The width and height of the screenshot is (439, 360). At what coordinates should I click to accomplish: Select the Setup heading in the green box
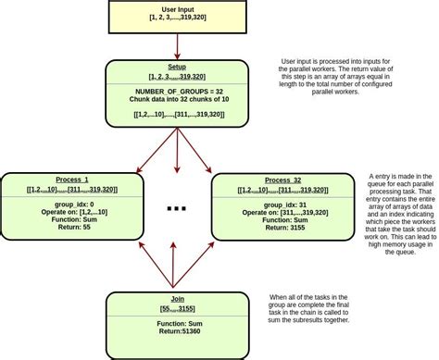177,68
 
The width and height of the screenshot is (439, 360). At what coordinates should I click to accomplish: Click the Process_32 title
282,180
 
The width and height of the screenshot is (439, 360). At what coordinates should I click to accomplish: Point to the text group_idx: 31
282,204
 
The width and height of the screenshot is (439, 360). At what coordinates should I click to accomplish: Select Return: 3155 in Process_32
282,227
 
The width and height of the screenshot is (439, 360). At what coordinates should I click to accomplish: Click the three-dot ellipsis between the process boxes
177,209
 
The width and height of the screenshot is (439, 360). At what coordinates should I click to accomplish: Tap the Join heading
177,299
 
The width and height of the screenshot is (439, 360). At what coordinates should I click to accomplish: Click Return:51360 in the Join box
177,330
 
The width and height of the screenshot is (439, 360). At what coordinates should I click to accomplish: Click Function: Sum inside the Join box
177,322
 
